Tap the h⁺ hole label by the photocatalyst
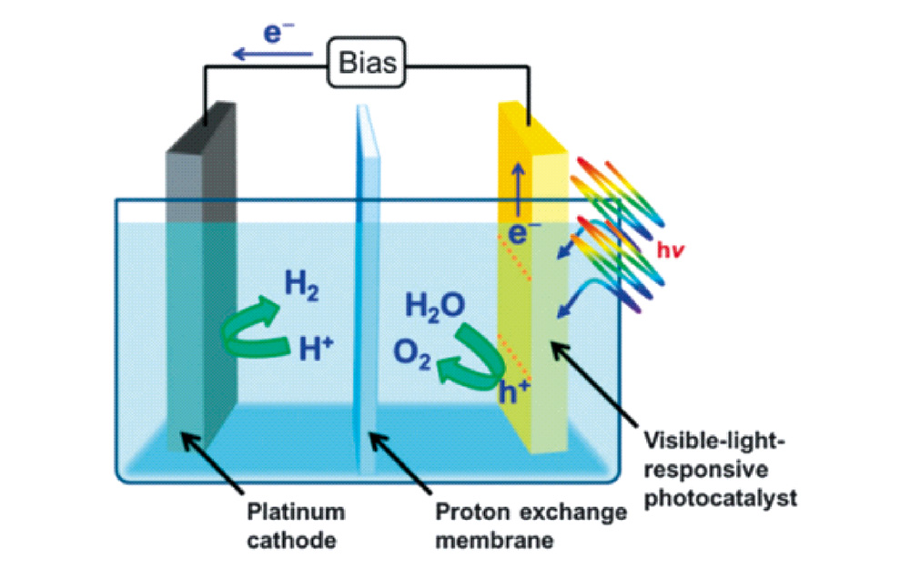click(x=515, y=392)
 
